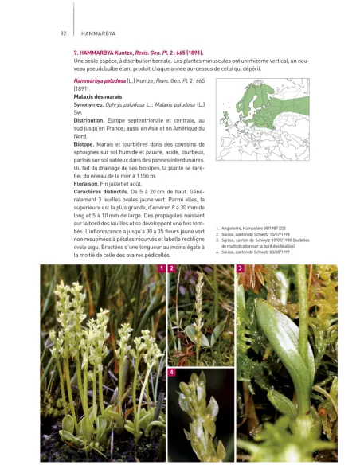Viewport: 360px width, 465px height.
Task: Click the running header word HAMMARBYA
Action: [99, 33]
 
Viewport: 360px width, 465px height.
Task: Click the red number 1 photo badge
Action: [162, 269]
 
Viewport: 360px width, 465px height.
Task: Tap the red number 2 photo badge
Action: [172, 269]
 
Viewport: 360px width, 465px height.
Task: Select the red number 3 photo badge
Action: [241, 269]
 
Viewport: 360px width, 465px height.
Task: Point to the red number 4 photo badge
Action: [172, 373]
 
